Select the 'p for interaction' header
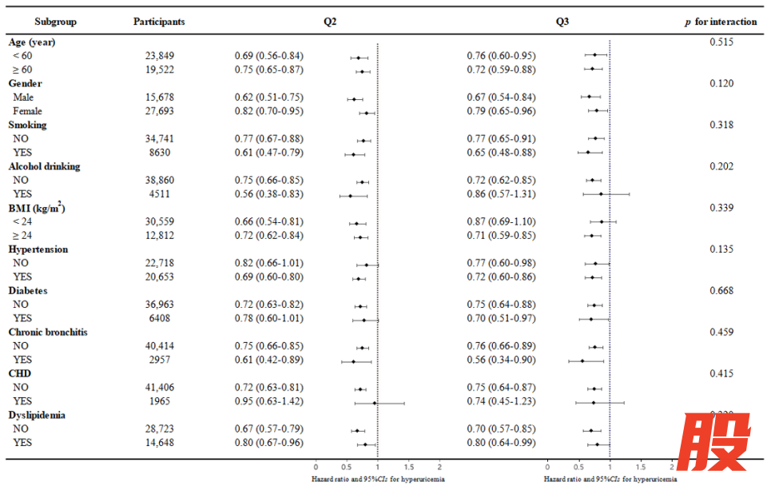point(720,22)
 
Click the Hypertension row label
point(38,249)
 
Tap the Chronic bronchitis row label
point(48,333)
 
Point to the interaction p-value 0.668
point(721,291)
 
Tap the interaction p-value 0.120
point(721,83)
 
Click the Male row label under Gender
point(23,98)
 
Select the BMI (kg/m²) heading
point(37,208)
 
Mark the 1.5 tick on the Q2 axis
point(408,466)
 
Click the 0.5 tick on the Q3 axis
point(578,466)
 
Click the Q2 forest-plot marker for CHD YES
point(374,403)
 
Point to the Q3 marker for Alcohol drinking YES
point(601,194)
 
